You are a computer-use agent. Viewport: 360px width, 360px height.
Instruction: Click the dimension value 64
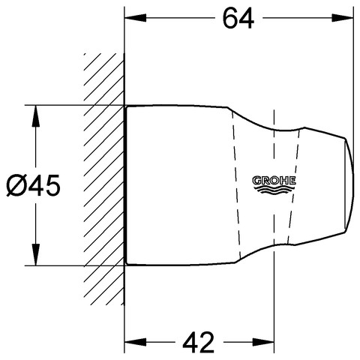coord(238,18)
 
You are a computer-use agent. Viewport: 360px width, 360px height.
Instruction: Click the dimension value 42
coord(198,342)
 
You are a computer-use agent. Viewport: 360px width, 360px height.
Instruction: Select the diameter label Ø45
coord(33,185)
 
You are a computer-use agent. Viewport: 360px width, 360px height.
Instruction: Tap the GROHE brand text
coord(274,181)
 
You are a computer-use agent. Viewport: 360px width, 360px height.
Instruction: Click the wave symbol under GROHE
coord(274,190)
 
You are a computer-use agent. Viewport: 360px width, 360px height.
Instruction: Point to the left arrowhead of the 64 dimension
coord(135,18)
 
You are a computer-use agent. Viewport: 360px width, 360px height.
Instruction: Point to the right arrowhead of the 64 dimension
coord(343,18)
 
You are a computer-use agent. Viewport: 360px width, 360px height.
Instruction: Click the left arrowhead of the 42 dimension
coord(135,342)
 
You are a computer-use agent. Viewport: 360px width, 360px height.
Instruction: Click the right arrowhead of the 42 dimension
coord(263,342)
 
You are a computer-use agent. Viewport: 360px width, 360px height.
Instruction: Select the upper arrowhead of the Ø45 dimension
coord(36,116)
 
